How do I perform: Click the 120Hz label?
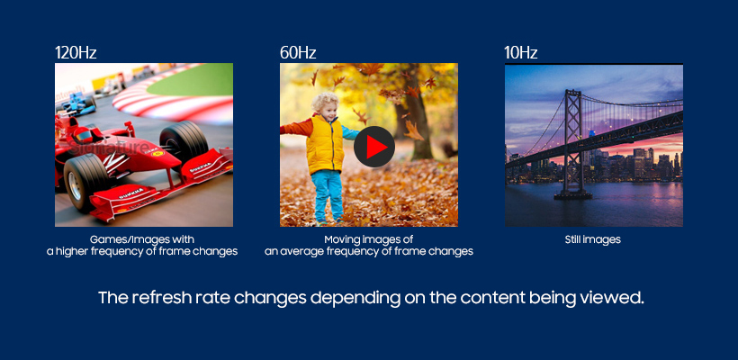[76, 53]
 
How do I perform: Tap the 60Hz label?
[298, 53]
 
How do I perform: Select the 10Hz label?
[520, 53]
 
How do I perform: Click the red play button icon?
[374, 147]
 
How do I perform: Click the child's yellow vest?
[325, 144]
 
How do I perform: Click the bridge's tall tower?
[573, 141]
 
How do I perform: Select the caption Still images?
[592, 239]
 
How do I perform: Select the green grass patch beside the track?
[193, 80]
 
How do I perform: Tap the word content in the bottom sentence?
[491, 298]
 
